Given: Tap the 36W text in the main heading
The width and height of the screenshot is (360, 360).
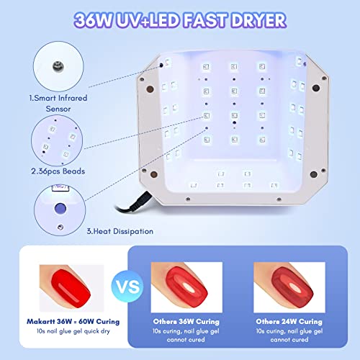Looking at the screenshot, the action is tap(93, 20).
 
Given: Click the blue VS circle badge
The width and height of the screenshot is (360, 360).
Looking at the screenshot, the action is tap(127, 286).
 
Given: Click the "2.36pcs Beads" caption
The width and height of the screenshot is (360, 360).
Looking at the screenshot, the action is tap(58, 171).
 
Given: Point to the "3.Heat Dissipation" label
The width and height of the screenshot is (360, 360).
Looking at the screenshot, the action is tap(120, 231).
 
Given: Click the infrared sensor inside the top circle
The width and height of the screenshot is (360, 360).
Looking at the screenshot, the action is tap(58, 66).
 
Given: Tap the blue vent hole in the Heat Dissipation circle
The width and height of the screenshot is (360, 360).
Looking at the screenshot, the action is tap(60, 208).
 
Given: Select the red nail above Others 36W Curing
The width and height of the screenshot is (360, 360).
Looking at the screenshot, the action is tap(186, 287).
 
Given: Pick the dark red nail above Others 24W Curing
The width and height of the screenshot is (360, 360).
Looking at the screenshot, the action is tap(292, 287).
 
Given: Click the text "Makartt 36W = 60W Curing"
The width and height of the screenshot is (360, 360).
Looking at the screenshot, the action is tap(73, 321).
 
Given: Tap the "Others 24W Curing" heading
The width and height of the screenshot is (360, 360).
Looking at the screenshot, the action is tap(289, 321).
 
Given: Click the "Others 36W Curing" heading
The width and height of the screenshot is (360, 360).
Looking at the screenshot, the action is tap(186, 321).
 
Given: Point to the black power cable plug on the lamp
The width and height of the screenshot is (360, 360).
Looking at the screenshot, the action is tap(140, 201).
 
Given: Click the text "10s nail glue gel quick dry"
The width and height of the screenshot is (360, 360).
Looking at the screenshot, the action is tap(73, 331).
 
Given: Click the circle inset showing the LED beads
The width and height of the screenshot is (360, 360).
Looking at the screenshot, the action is tap(57, 140).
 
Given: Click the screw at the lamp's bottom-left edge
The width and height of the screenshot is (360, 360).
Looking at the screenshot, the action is tap(188, 199).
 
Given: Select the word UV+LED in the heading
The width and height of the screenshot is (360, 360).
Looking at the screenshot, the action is tap(148, 20).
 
